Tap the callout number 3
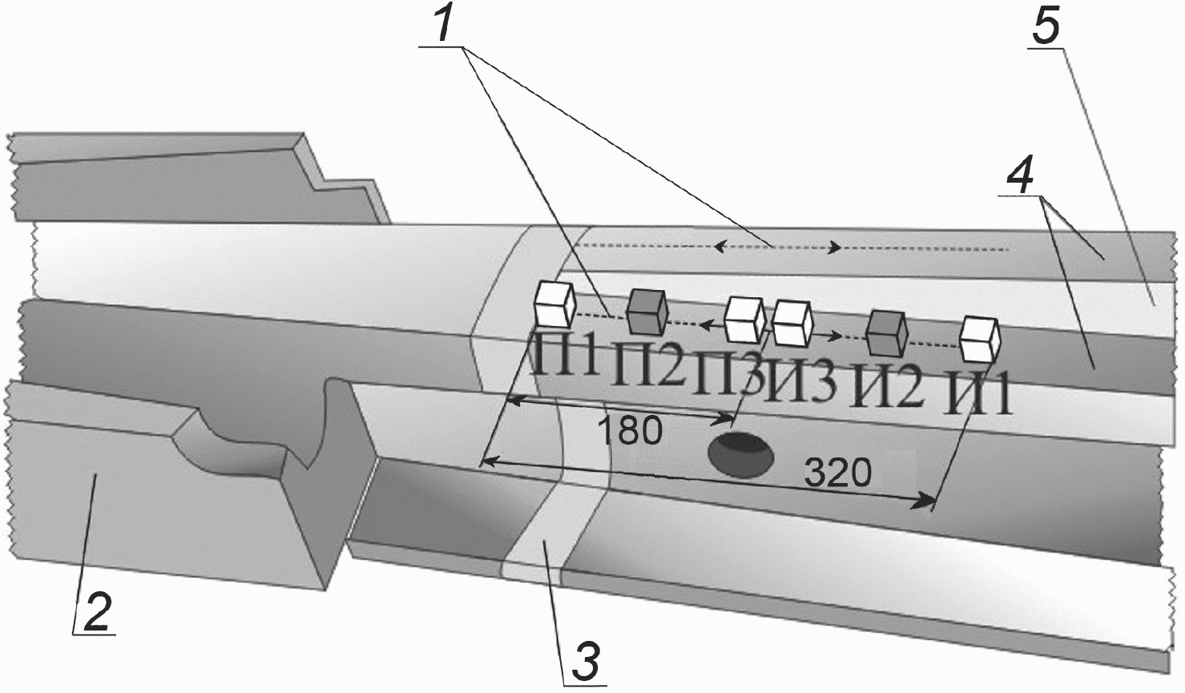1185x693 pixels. click(x=586, y=661)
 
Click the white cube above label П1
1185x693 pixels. click(x=554, y=304)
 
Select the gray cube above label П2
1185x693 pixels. click(x=647, y=312)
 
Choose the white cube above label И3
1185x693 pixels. click(x=792, y=323)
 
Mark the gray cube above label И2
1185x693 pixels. click(x=887, y=332)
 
